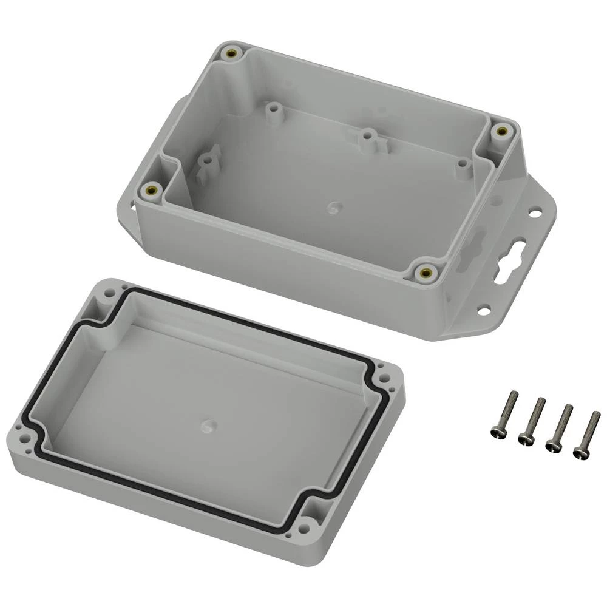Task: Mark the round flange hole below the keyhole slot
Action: click(483, 310)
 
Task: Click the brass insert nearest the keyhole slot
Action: click(426, 273)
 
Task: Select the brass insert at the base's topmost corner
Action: click(231, 54)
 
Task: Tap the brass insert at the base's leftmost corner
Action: click(150, 191)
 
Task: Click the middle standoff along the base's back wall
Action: click(365, 137)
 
